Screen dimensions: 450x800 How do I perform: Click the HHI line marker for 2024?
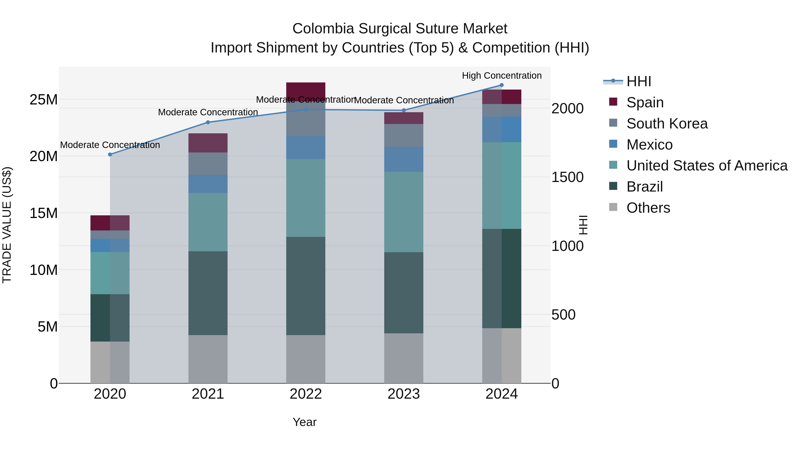tap(501, 85)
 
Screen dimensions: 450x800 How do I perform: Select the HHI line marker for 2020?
tap(110, 154)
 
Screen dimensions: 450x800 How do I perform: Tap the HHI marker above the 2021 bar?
tap(208, 122)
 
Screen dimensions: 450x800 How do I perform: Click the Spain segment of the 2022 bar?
tap(306, 91)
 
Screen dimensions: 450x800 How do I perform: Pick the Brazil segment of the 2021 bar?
tap(208, 293)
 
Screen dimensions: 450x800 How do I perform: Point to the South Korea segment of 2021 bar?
tap(208, 164)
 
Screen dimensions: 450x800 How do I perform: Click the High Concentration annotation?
tap(502, 76)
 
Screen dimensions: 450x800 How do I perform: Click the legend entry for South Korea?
tap(667, 124)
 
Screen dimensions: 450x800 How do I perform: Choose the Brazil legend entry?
tap(644, 187)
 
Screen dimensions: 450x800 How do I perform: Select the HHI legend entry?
tap(638, 81)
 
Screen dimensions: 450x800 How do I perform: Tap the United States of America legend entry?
tap(706, 166)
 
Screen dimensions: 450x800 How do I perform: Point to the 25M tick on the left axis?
tap(44, 100)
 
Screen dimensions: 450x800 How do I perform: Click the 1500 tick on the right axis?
tap(567, 177)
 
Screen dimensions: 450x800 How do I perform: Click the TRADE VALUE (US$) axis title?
tap(7, 225)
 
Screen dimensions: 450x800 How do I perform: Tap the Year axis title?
tap(304, 422)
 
